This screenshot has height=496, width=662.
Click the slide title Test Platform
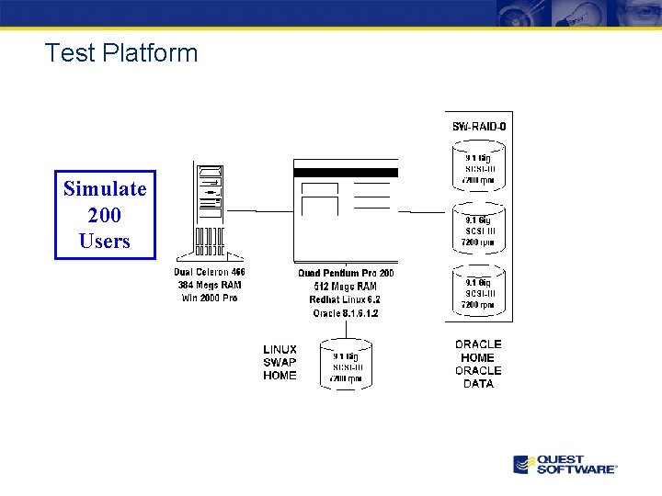tap(121, 53)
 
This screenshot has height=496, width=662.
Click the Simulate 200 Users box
tap(105, 215)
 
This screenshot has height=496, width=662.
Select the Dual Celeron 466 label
tap(210, 272)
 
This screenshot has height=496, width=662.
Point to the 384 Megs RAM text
tap(210, 285)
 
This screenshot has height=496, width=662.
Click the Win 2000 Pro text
tap(210, 298)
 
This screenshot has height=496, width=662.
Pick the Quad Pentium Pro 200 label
tap(346, 273)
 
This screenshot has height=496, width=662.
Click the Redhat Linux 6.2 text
tap(346, 299)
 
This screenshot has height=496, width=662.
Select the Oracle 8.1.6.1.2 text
tap(346, 313)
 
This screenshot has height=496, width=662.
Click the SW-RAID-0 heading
tap(479, 126)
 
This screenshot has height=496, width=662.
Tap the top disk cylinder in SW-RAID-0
tap(478, 168)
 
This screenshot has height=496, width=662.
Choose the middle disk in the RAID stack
tap(478, 231)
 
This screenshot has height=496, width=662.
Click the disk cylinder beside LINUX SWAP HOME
tap(346, 366)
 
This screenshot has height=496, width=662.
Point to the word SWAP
tap(280, 362)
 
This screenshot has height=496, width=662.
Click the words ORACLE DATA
tap(478, 378)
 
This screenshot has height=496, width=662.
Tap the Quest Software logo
tap(565, 464)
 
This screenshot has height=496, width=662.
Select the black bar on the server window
tap(346, 172)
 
